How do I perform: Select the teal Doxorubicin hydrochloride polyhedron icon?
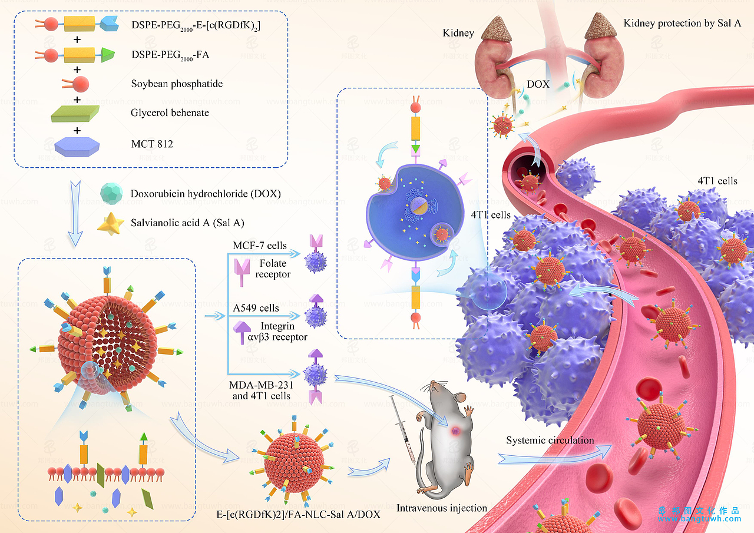tap(111, 193)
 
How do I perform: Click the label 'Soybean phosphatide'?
tap(177, 84)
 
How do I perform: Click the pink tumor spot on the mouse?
tap(455, 432)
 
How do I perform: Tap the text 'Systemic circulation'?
tap(550, 440)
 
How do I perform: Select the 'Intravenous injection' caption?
tap(442, 508)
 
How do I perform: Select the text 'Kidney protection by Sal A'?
tap(682, 24)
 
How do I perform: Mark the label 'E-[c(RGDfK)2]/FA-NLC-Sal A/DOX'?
tap(298, 515)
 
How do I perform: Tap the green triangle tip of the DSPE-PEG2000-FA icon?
tap(107, 56)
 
